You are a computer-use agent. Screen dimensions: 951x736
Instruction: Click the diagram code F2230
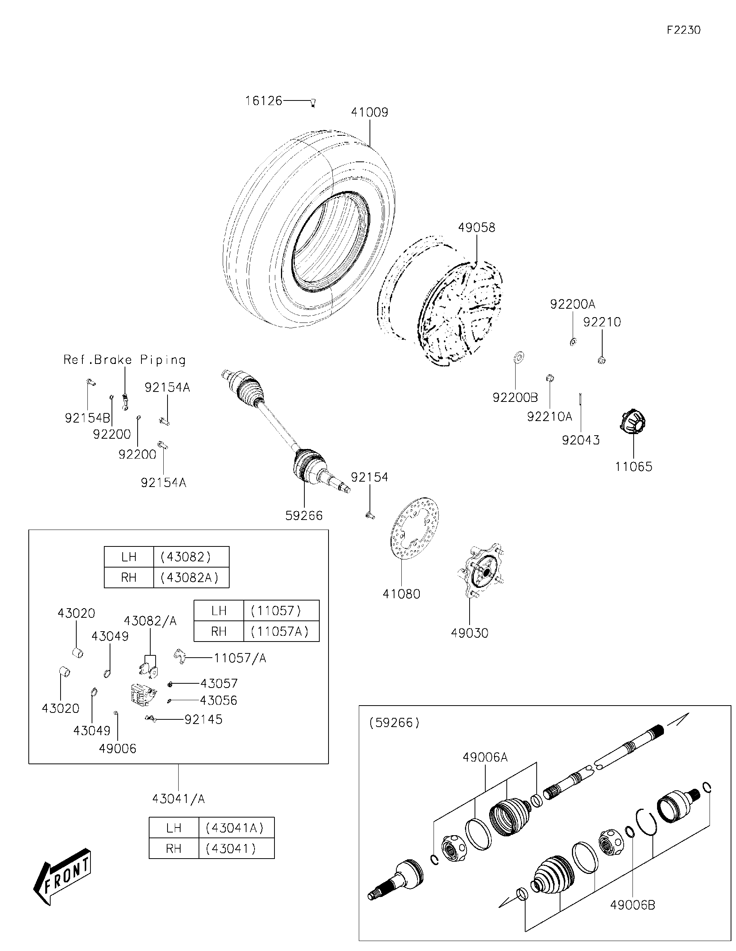pos(683,30)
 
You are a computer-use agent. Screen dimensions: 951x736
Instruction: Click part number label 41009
pos(369,112)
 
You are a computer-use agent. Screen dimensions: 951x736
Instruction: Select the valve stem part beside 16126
pos(313,103)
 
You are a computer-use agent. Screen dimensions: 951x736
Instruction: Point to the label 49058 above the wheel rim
pos(476,227)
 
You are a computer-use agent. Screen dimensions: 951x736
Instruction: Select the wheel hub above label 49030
pos(481,571)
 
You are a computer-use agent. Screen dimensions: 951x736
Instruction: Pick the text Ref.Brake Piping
pos(125,360)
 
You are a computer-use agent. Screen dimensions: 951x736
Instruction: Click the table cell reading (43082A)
pos(191,578)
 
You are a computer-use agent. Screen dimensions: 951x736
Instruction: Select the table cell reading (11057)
pos(276,610)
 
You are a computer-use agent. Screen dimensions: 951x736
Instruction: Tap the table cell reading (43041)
pos(231,848)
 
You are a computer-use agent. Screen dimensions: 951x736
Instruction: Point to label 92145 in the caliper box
pos(203,719)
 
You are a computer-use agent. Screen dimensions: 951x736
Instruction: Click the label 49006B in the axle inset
pos(632,905)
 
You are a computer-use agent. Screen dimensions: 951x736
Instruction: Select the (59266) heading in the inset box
pos(394,723)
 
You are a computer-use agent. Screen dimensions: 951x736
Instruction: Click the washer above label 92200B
pos(518,357)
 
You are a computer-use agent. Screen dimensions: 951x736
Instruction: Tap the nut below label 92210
pos(602,360)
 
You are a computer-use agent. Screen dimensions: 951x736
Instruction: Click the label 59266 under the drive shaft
pos(304,515)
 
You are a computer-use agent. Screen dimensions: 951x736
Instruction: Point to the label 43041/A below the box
pos(179,799)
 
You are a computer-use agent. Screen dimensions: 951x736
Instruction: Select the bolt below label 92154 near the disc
pos(370,515)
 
